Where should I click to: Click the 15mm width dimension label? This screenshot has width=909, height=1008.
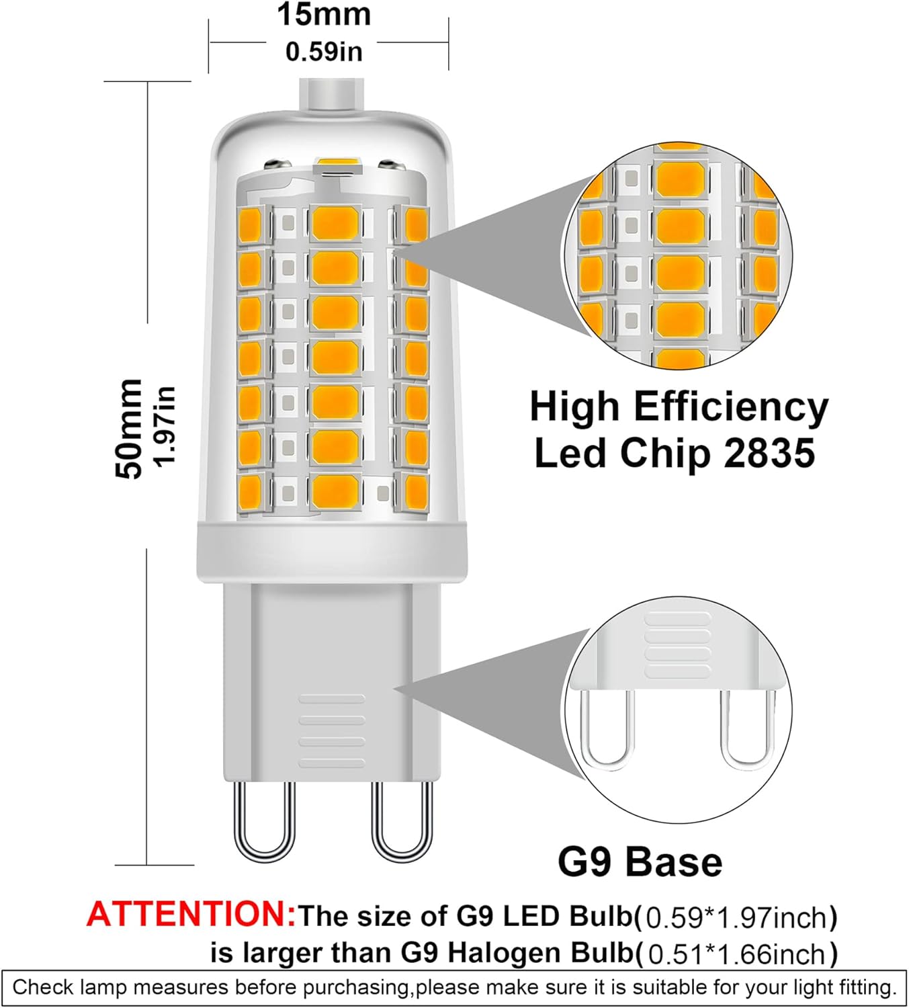pos(324,15)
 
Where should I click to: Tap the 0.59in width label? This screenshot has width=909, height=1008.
pos(324,52)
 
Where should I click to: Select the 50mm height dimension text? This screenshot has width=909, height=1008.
pos(129,429)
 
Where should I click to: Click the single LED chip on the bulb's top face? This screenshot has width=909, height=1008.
pos(335,163)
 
